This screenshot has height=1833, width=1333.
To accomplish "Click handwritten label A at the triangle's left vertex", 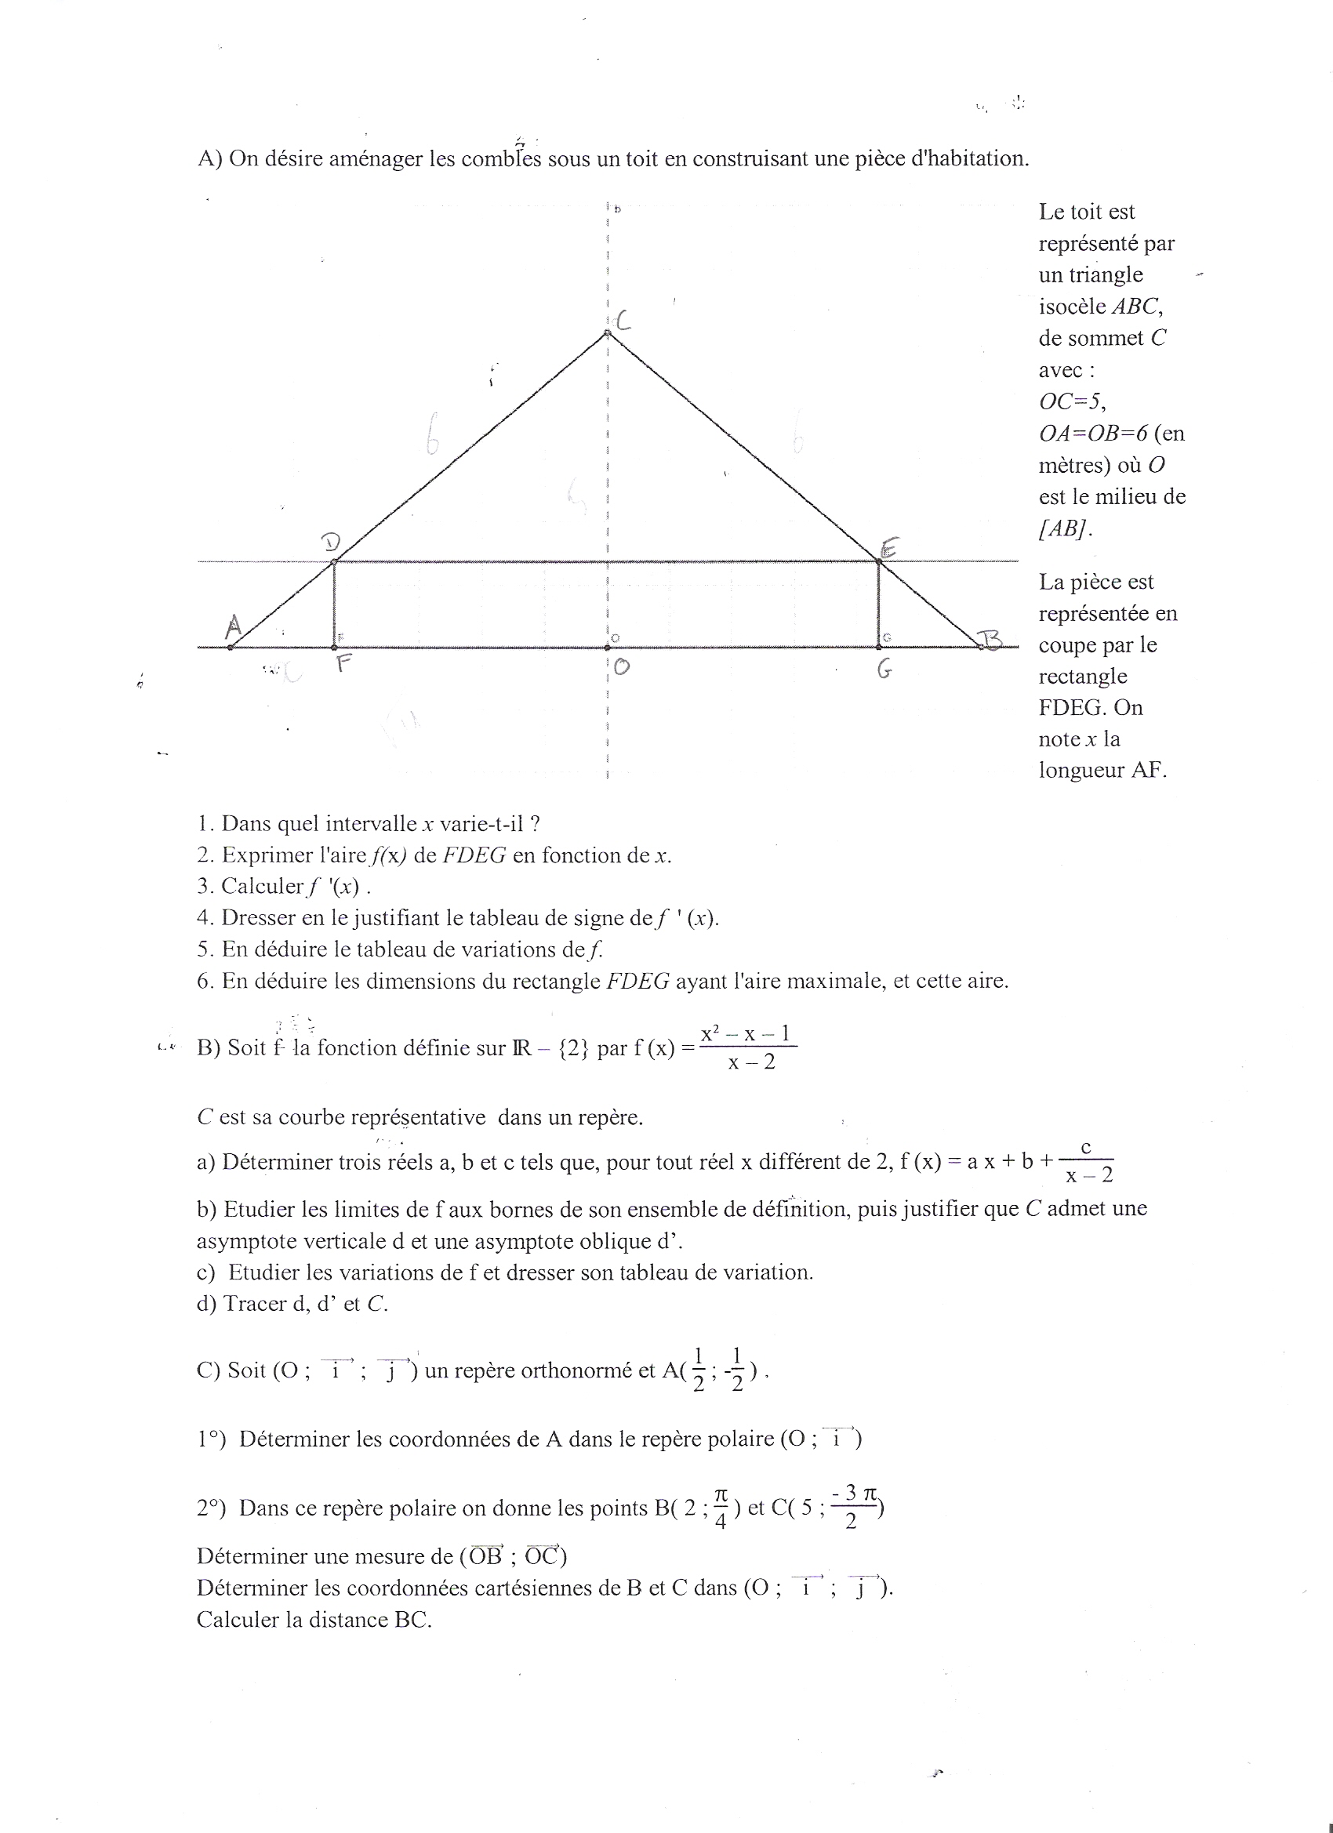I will tap(234, 626).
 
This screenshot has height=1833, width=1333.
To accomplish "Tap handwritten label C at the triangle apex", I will tap(623, 321).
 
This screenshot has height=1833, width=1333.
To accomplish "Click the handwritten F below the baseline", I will tap(343, 664).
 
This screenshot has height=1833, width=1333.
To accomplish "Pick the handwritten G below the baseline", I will tap(885, 670).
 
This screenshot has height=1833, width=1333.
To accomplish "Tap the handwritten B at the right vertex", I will tap(991, 642).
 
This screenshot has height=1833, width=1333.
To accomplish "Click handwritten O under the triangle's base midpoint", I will tap(621, 667).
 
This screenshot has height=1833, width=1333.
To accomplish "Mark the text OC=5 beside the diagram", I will tap(1072, 401).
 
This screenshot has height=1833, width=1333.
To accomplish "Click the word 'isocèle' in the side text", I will tap(1073, 307).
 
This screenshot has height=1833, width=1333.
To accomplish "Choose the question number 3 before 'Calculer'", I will tap(204, 887).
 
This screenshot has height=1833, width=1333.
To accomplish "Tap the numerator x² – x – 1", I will tap(746, 1033).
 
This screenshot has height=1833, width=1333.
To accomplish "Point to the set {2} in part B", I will tap(574, 1048).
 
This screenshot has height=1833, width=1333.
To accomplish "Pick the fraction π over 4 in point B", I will tap(721, 1509).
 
